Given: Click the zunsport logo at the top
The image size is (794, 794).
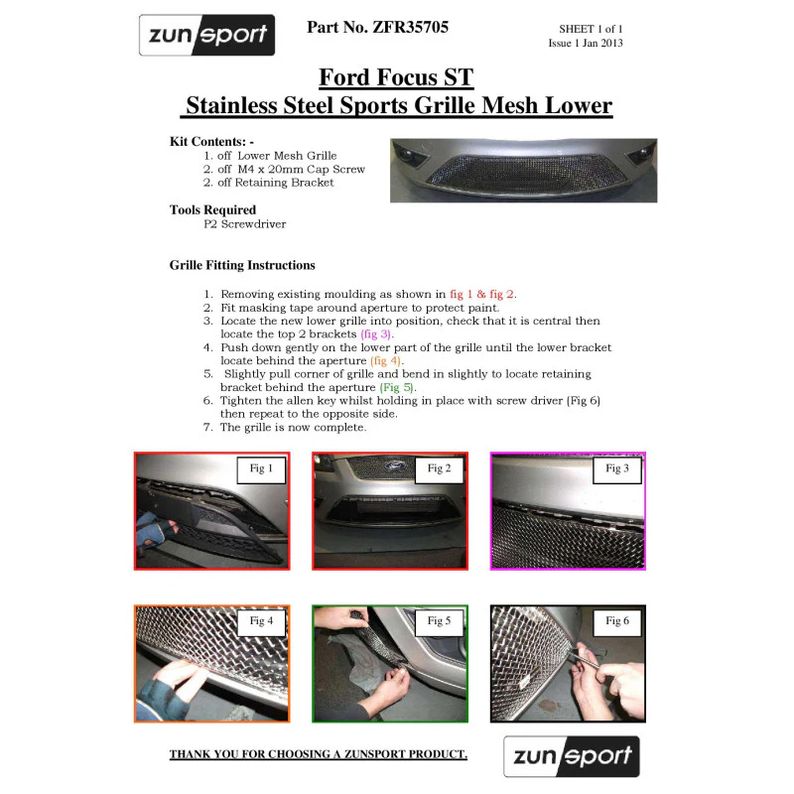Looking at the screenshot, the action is pyautogui.click(x=207, y=35).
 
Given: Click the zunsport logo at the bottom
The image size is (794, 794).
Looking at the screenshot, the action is pyautogui.click(x=572, y=756).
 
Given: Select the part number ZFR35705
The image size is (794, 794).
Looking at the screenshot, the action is pyautogui.click(x=411, y=28).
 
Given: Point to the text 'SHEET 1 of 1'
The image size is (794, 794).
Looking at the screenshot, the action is pyautogui.click(x=591, y=29).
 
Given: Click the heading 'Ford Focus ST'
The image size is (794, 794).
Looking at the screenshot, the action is pyautogui.click(x=396, y=77).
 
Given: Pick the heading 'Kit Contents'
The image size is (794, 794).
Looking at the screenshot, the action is pyautogui.click(x=207, y=141).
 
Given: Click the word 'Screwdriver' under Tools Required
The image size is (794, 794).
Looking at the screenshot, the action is pyautogui.click(x=253, y=224).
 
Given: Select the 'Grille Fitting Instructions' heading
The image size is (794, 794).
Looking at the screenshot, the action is pyautogui.click(x=242, y=265).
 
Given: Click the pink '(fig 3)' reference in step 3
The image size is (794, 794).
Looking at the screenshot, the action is pyautogui.click(x=376, y=334).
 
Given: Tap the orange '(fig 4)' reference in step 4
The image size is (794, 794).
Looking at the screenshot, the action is pyautogui.click(x=386, y=361).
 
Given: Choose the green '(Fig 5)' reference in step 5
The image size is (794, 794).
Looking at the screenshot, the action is pyautogui.click(x=396, y=387).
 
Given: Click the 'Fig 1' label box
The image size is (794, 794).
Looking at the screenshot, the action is pyautogui.click(x=261, y=469).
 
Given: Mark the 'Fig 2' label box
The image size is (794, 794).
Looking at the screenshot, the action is pyautogui.click(x=439, y=469).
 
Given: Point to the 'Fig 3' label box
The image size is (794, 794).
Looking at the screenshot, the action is pyautogui.click(x=617, y=469).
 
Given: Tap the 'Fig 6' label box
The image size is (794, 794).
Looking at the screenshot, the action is pyautogui.click(x=617, y=622).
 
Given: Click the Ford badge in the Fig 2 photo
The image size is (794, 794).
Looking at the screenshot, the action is pyautogui.click(x=392, y=465).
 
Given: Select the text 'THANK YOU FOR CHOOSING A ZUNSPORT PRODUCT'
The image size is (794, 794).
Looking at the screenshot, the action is pyautogui.click(x=318, y=754).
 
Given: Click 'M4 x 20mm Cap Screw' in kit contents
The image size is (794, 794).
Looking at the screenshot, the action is pyautogui.click(x=302, y=169).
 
